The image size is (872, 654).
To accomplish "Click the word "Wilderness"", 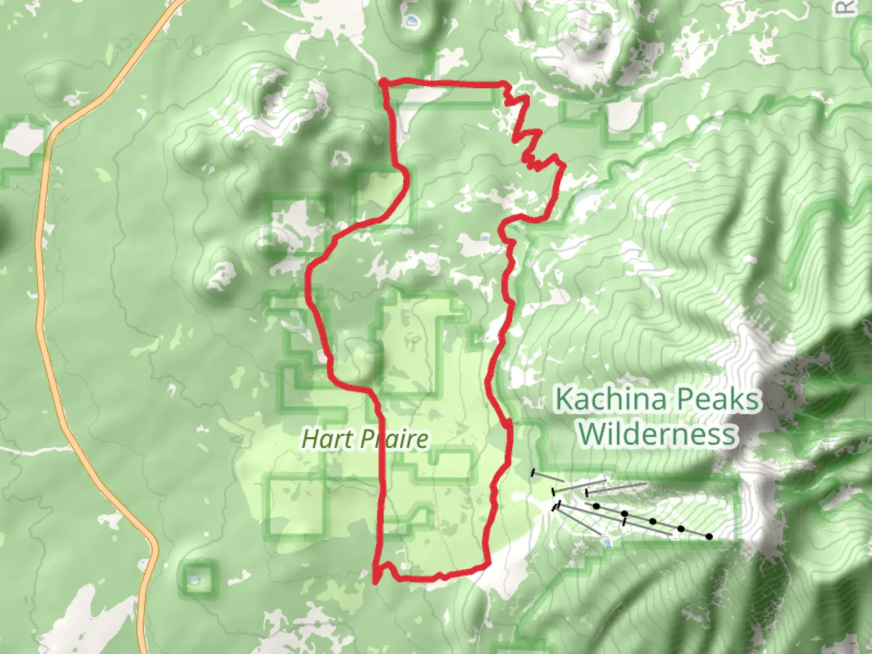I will coord(658,434).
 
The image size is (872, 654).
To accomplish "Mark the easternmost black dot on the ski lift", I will coord(708,537).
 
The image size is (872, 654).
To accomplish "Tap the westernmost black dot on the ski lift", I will coord(596,506).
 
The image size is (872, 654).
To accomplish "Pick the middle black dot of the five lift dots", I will coord(653,521).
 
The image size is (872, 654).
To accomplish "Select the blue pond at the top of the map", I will coord(412,22).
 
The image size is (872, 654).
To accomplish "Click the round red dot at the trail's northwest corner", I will coord(383,82).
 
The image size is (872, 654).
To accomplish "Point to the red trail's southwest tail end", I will coord(375,582).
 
